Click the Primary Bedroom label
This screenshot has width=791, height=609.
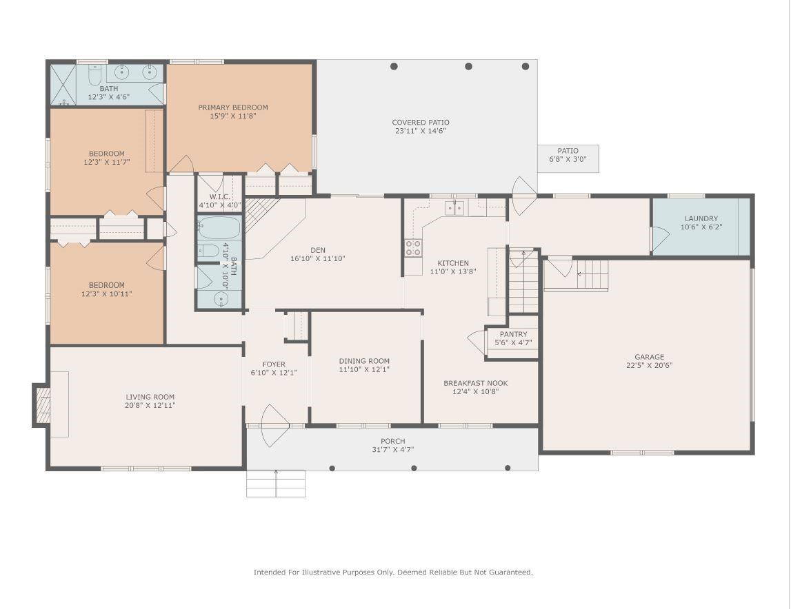point(233,107)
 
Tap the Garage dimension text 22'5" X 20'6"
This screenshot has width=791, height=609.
point(650,366)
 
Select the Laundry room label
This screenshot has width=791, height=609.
point(701,218)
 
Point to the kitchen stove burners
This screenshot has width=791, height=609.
point(413,248)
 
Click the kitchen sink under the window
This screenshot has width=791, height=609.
point(454,207)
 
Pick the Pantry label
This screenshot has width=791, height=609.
point(514,334)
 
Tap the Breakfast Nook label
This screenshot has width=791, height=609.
point(476,383)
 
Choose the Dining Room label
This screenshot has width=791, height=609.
point(364,361)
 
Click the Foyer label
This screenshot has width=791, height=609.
point(274,364)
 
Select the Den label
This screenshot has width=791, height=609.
point(318,250)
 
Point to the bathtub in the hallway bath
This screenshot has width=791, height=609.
point(219,228)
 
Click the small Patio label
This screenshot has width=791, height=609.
point(568,151)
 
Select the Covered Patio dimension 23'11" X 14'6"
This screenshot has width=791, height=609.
point(421,131)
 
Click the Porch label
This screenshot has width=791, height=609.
point(393,441)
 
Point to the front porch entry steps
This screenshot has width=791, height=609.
point(276,484)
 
